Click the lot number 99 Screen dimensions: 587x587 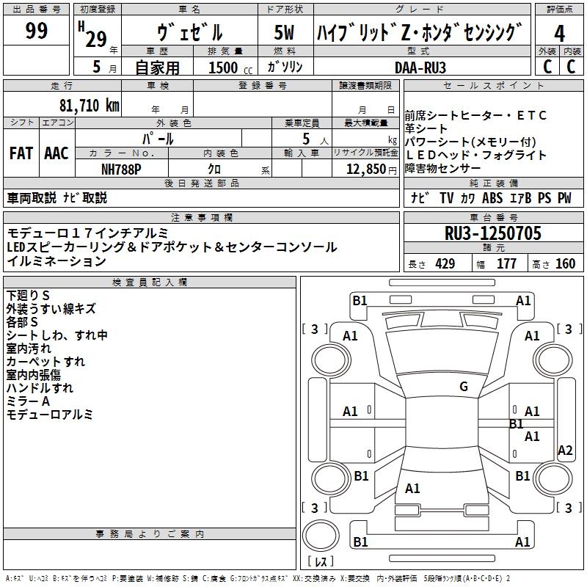36,30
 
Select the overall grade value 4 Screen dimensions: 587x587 559,33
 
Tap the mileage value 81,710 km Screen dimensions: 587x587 89,106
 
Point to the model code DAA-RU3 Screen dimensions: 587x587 420,68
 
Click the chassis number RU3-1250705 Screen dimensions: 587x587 492,233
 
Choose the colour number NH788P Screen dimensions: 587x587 121,169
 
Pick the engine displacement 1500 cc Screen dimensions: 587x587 230,68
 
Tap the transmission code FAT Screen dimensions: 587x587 21,153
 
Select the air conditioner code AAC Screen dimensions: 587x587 56,153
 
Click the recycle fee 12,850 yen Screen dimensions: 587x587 371,169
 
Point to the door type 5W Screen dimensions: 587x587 284,32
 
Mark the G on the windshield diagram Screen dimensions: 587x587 464,387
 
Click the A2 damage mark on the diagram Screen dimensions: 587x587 565,450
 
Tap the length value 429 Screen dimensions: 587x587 445,264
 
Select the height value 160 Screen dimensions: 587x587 565,264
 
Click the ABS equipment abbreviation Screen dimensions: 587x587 492,197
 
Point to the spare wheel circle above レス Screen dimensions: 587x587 321,536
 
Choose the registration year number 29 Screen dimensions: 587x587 96,39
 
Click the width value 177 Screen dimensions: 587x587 506,264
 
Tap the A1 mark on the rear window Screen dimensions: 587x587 412,489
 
